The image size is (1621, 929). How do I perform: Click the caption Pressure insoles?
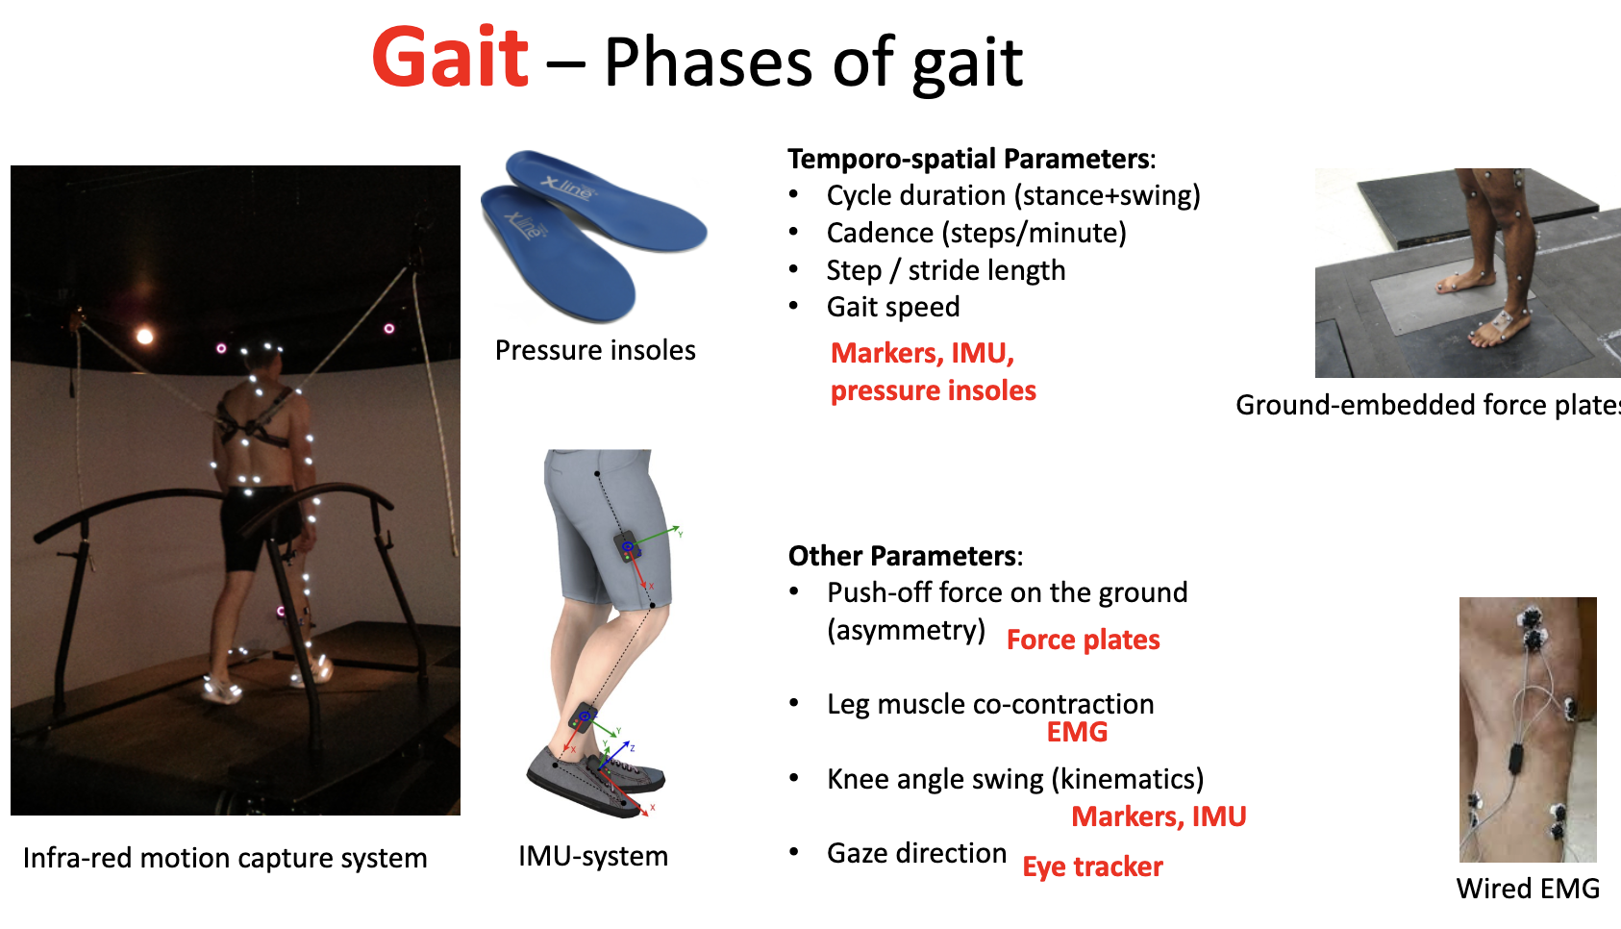click(x=595, y=350)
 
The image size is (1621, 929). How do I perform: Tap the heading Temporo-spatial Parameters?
click(x=969, y=159)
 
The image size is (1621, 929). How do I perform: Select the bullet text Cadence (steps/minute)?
click(x=976, y=233)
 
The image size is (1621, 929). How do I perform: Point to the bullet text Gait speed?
click(x=892, y=307)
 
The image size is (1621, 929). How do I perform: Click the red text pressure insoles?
click(x=933, y=390)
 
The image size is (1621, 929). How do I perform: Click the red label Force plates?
click(x=1083, y=640)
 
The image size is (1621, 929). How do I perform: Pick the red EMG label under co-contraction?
click(x=1077, y=732)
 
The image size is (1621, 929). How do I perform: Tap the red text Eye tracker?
click(x=1092, y=866)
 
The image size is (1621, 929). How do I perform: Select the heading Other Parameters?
click(x=903, y=556)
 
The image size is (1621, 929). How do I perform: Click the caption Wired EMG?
click(x=1528, y=889)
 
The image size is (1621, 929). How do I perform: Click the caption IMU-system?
click(x=592, y=856)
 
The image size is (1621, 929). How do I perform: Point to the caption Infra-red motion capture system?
click(x=225, y=858)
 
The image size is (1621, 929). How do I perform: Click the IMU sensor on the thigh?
click(x=628, y=547)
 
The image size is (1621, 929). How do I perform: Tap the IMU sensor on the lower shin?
click(x=584, y=717)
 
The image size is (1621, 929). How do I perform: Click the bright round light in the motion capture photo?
click(x=145, y=336)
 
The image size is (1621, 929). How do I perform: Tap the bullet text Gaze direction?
click(x=916, y=853)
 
